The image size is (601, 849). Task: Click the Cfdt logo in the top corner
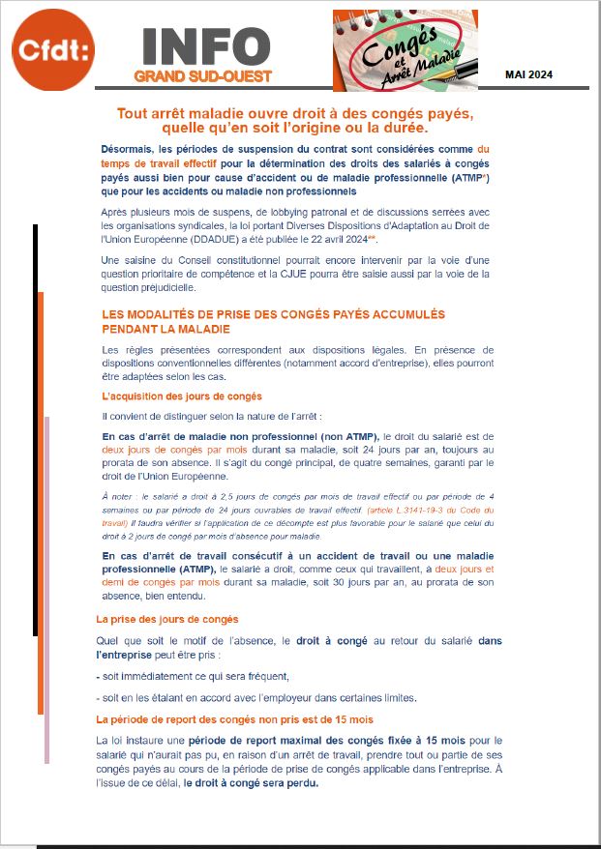(x=54, y=51)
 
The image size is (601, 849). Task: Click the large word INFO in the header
(x=205, y=46)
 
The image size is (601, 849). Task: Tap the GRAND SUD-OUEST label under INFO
(x=202, y=76)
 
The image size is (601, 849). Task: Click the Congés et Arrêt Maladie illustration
(x=405, y=50)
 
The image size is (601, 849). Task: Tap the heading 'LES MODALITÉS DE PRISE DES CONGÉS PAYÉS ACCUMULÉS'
(x=273, y=314)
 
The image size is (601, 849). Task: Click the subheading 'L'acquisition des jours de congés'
(x=182, y=396)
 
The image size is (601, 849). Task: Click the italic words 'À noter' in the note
(x=118, y=495)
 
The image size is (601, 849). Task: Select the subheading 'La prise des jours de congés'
(x=167, y=619)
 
